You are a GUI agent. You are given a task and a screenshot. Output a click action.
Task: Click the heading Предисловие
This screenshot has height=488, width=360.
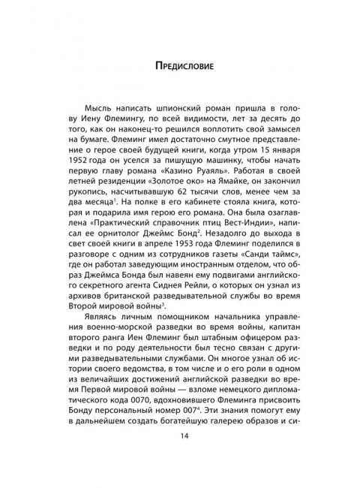pos(180,65)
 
